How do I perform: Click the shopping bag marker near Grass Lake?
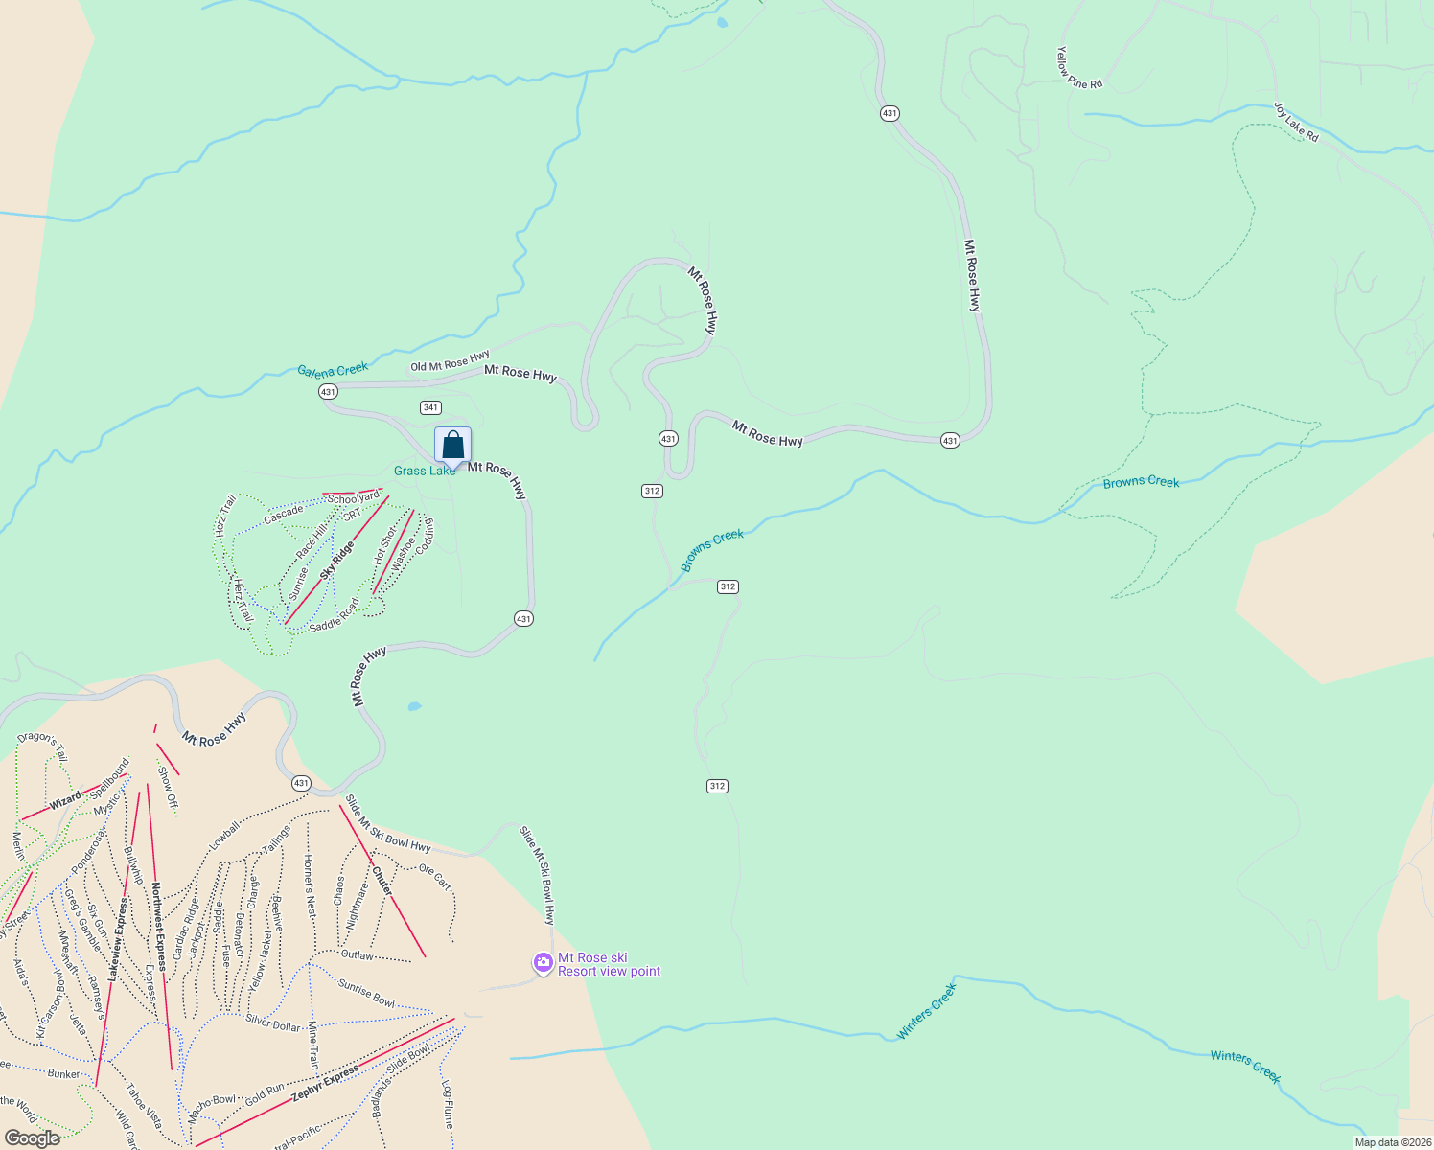point(452,446)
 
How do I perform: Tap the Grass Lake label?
point(425,471)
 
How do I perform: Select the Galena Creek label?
point(333,370)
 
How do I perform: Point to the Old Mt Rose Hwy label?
point(450,362)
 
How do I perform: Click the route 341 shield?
point(430,407)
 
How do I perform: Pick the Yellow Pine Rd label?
point(1078,69)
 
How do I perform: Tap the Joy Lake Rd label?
point(1296,122)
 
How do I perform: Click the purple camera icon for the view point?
point(544,961)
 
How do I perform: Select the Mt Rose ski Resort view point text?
point(609,964)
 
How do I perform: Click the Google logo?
point(32,1138)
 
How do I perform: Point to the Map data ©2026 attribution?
point(1390,1142)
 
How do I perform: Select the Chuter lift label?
point(382,882)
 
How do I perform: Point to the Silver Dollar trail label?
point(273,1023)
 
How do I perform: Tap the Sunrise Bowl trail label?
point(366,992)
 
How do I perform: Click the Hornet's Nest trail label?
point(309,885)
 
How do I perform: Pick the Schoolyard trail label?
point(354,498)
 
